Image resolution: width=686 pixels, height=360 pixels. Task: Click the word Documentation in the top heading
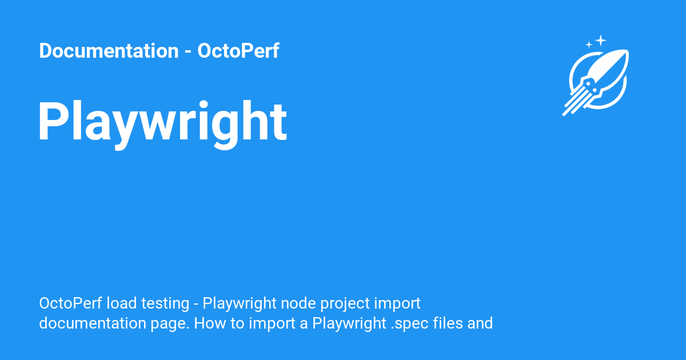click(x=109, y=50)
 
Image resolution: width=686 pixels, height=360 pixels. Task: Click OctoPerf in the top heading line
click(x=238, y=50)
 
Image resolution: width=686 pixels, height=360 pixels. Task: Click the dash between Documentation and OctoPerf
click(x=188, y=52)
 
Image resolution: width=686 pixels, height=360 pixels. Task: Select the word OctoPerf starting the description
click(x=70, y=303)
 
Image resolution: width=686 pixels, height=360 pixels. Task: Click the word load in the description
click(x=122, y=303)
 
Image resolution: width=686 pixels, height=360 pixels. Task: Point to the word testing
click(x=165, y=304)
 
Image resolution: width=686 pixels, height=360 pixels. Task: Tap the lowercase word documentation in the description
click(x=93, y=323)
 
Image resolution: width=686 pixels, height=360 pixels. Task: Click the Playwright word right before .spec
click(x=349, y=324)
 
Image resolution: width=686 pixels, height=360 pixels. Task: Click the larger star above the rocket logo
click(x=601, y=41)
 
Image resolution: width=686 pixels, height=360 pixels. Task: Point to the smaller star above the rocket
click(x=589, y=45)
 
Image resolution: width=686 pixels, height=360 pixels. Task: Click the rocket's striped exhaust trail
click(x=576, y=101)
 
